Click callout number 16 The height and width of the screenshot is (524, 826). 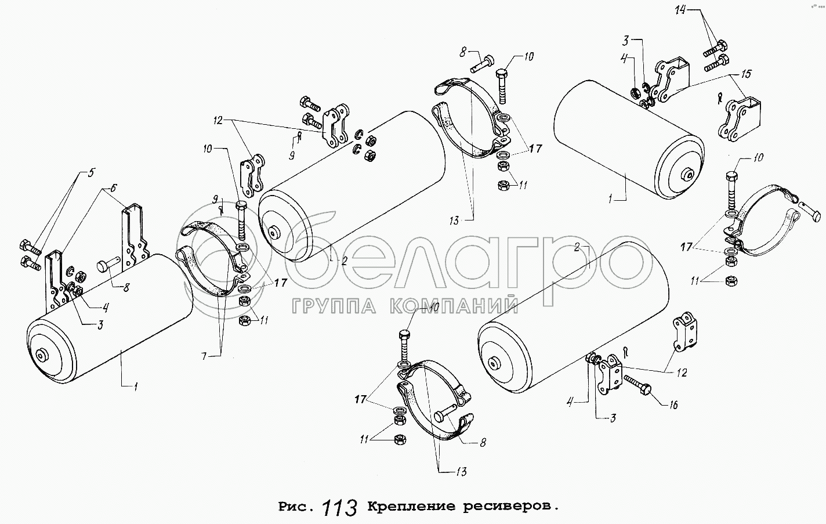click(673, 405)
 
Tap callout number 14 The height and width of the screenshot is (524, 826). click(680, 10)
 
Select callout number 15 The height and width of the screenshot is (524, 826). click(745, 74)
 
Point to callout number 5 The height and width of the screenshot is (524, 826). click(90, 172)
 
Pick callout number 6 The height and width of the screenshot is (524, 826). click(113, 188)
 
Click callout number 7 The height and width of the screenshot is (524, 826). click(204, 356)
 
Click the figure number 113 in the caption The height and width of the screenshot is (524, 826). click(339, 507)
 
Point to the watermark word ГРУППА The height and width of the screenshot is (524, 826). click(334, 306)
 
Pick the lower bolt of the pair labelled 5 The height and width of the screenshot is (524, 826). click(31, 263)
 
